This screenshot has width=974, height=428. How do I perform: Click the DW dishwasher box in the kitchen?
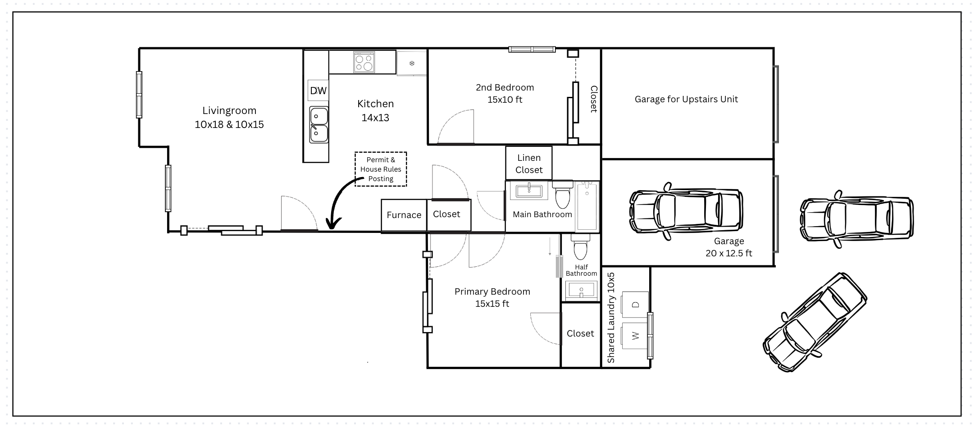tap(318, 91)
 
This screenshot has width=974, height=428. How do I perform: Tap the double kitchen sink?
tap(318, 125)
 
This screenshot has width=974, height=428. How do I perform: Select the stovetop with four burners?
tap(364, 62)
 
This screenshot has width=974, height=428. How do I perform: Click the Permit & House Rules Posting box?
tap(381, 169)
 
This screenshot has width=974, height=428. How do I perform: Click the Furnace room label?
tap(404, 215)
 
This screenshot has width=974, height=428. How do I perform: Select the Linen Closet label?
tap(529, 164)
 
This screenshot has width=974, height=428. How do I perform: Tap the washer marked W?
tap(635, 336)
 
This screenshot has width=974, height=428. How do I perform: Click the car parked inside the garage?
tap(686, 211)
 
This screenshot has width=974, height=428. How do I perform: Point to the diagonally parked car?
tap(815, 323)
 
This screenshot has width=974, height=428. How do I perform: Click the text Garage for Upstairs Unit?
tap(686, 99)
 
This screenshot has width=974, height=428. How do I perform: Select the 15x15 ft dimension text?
tap(492, 304)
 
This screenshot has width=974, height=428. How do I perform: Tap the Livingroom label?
tap(229, 110)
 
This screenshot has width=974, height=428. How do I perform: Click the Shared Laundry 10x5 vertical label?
tap(611, 317)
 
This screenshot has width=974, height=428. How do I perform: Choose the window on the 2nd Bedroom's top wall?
tap(532, 49)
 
